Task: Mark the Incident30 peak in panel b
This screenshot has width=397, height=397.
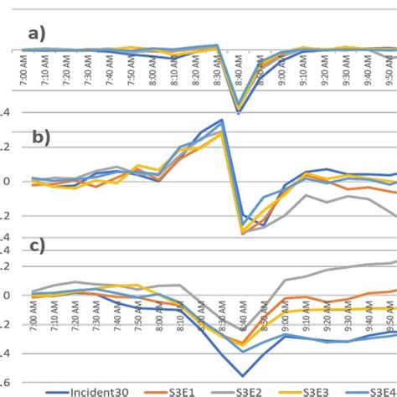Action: (x=222, y=120)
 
